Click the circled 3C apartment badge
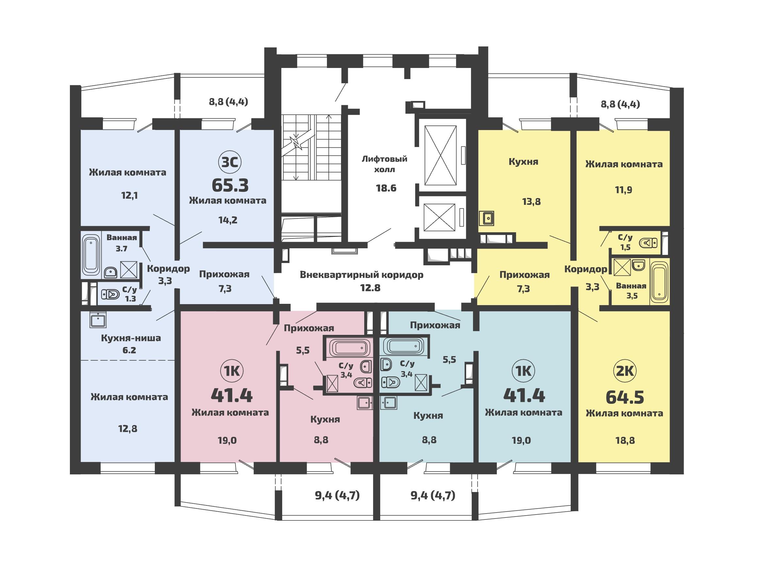[230, 162]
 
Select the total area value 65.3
[230, 185]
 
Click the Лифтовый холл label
[384, 164]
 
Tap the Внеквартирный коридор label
[362, 275]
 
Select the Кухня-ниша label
[131, 338]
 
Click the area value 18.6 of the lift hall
[386, 188]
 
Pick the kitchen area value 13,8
[531, 202]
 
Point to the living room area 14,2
[228, 220]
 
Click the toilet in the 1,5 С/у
[648, 243]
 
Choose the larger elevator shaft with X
[440, 156]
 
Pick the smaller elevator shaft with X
[439, 217]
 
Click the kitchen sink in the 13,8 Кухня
[486, 219]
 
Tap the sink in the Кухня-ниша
[98, 320]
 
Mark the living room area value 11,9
[624, 190]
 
